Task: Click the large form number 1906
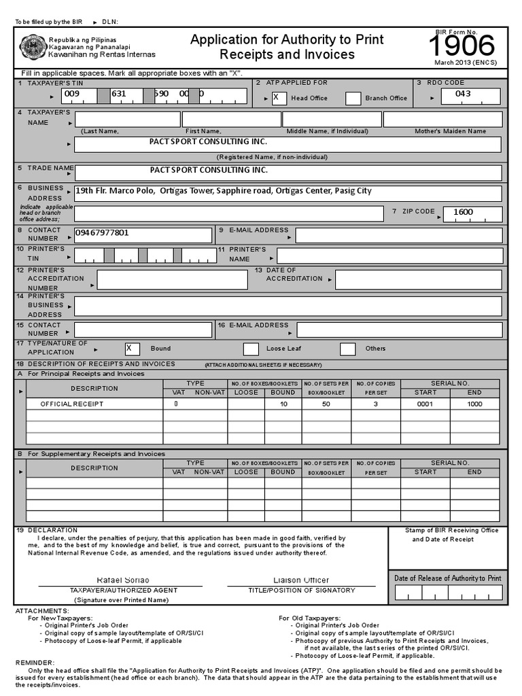tap(462, 46)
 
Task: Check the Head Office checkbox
tap(275, 97)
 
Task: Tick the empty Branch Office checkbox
tap(353, 98)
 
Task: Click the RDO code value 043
tap(463, 94)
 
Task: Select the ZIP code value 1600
tap(463, 212)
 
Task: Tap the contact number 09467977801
tap(101, 233)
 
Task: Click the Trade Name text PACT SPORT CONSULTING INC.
tap(209, 170)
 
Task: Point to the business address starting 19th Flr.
tap(224, 191)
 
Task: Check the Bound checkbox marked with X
tap(132, 349)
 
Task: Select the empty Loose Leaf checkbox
tap(251, 349)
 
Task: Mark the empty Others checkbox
tap(347, 349)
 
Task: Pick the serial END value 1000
tap(474, 404)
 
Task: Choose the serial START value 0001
tap(425, 404)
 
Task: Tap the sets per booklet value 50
tap(326, 404)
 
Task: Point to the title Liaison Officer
tap(301, 580)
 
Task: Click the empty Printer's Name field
tap(389, 256)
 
